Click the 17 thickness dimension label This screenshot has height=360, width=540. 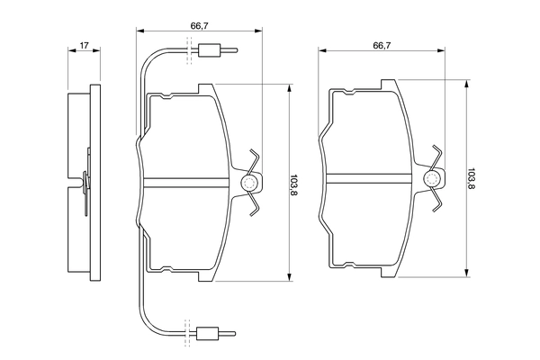85,45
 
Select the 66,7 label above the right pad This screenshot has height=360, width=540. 382,45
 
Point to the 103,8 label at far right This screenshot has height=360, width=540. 472,178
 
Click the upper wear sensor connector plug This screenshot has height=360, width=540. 209,50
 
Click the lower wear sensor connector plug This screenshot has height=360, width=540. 207,333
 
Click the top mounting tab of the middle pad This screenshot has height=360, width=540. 205,88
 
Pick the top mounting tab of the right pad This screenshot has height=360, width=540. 388,85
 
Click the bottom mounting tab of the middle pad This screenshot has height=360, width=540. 205,276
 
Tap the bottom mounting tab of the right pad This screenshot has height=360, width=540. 388,272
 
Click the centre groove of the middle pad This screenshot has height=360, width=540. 186,183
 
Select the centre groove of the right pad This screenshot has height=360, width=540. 368,178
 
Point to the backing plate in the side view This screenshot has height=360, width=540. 95,183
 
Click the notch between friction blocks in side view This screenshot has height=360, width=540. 75,183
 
